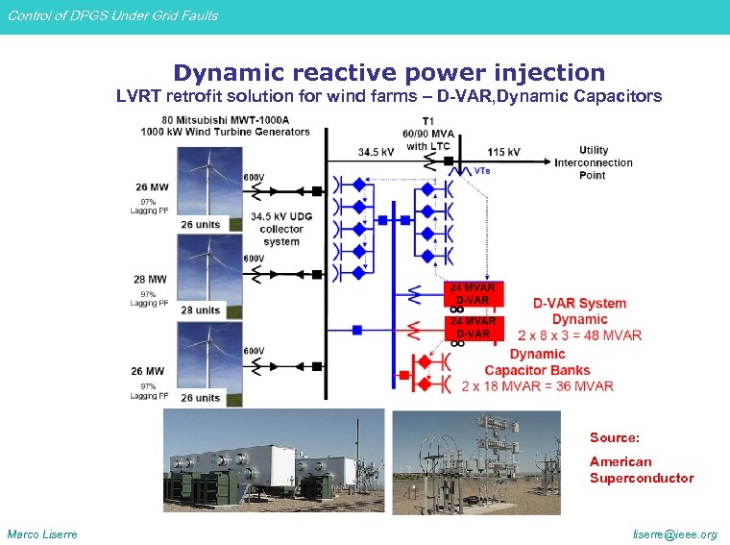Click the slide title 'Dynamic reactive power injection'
[x=389, y=73]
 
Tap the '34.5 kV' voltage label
[x=376, y=152]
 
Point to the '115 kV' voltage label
[x=503, y=152]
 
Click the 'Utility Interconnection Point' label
[x=593, y=161]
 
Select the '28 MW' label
[x=149, y=279]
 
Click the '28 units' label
[x=200, y=310]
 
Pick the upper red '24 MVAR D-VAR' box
[x=473, y=293]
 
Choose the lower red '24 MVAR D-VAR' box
[x=473, y=327]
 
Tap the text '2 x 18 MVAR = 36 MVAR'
[x=537, y=386]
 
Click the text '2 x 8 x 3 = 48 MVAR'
[x=579, y=335]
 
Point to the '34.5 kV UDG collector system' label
[x=281, y=229]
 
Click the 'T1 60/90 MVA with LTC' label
[x=428, y=134]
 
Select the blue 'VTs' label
[x=482, y=171]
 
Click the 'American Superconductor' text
[x=641, y=470]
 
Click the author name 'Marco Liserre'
[x=42, y=534]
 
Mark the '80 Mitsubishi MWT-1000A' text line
[x=214, y=120]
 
